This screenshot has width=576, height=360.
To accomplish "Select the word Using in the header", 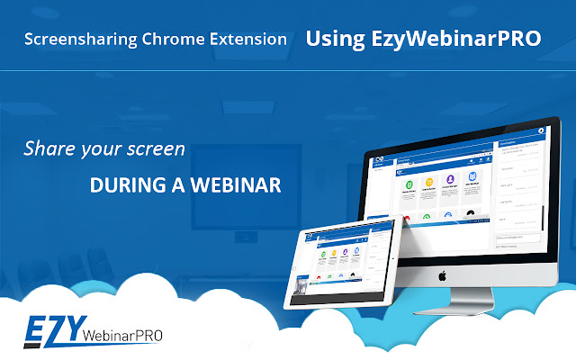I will [333, 40].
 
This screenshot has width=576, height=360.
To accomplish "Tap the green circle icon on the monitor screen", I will [407, 184].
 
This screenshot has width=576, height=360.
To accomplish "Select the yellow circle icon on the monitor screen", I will [429, 182].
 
